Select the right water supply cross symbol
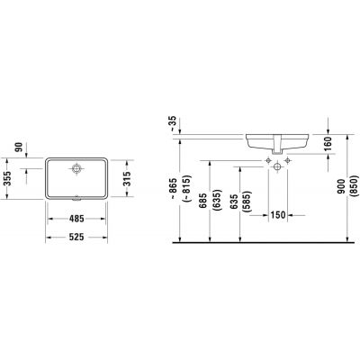point(288,162)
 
